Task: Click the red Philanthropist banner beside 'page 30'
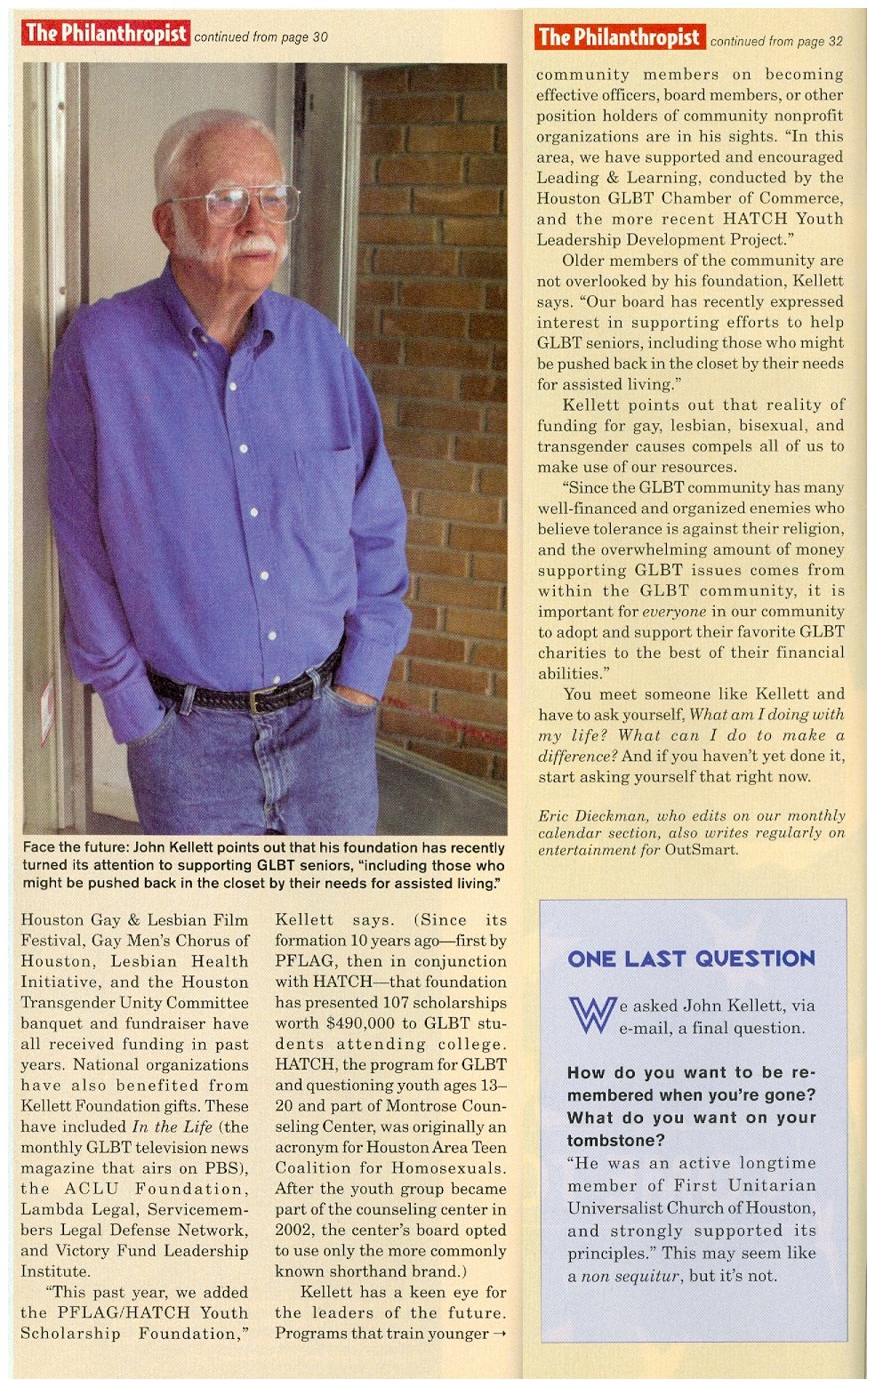point(106,34)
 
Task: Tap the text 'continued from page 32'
point(775,41)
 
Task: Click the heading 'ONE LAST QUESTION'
point(691,958)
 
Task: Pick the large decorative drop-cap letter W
point(591,1014)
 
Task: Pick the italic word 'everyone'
point(674,612)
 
